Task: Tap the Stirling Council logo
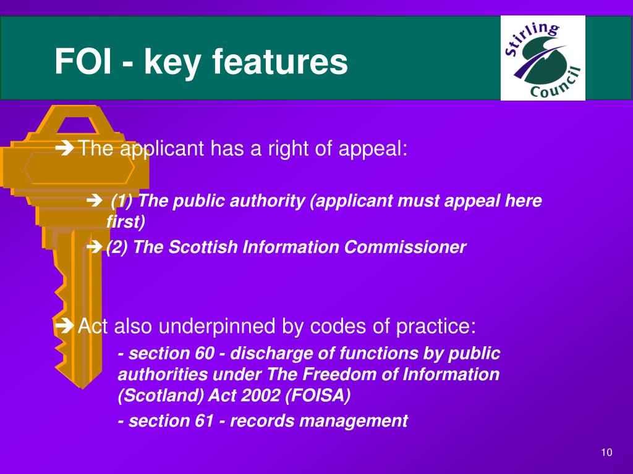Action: click(x=542, y=59)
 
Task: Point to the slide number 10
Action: click(x=606, y=453)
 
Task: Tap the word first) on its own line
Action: click(x=126, y=222)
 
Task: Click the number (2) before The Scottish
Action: click(x=117, y=247)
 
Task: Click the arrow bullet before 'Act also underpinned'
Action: click(x=64, y=325)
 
